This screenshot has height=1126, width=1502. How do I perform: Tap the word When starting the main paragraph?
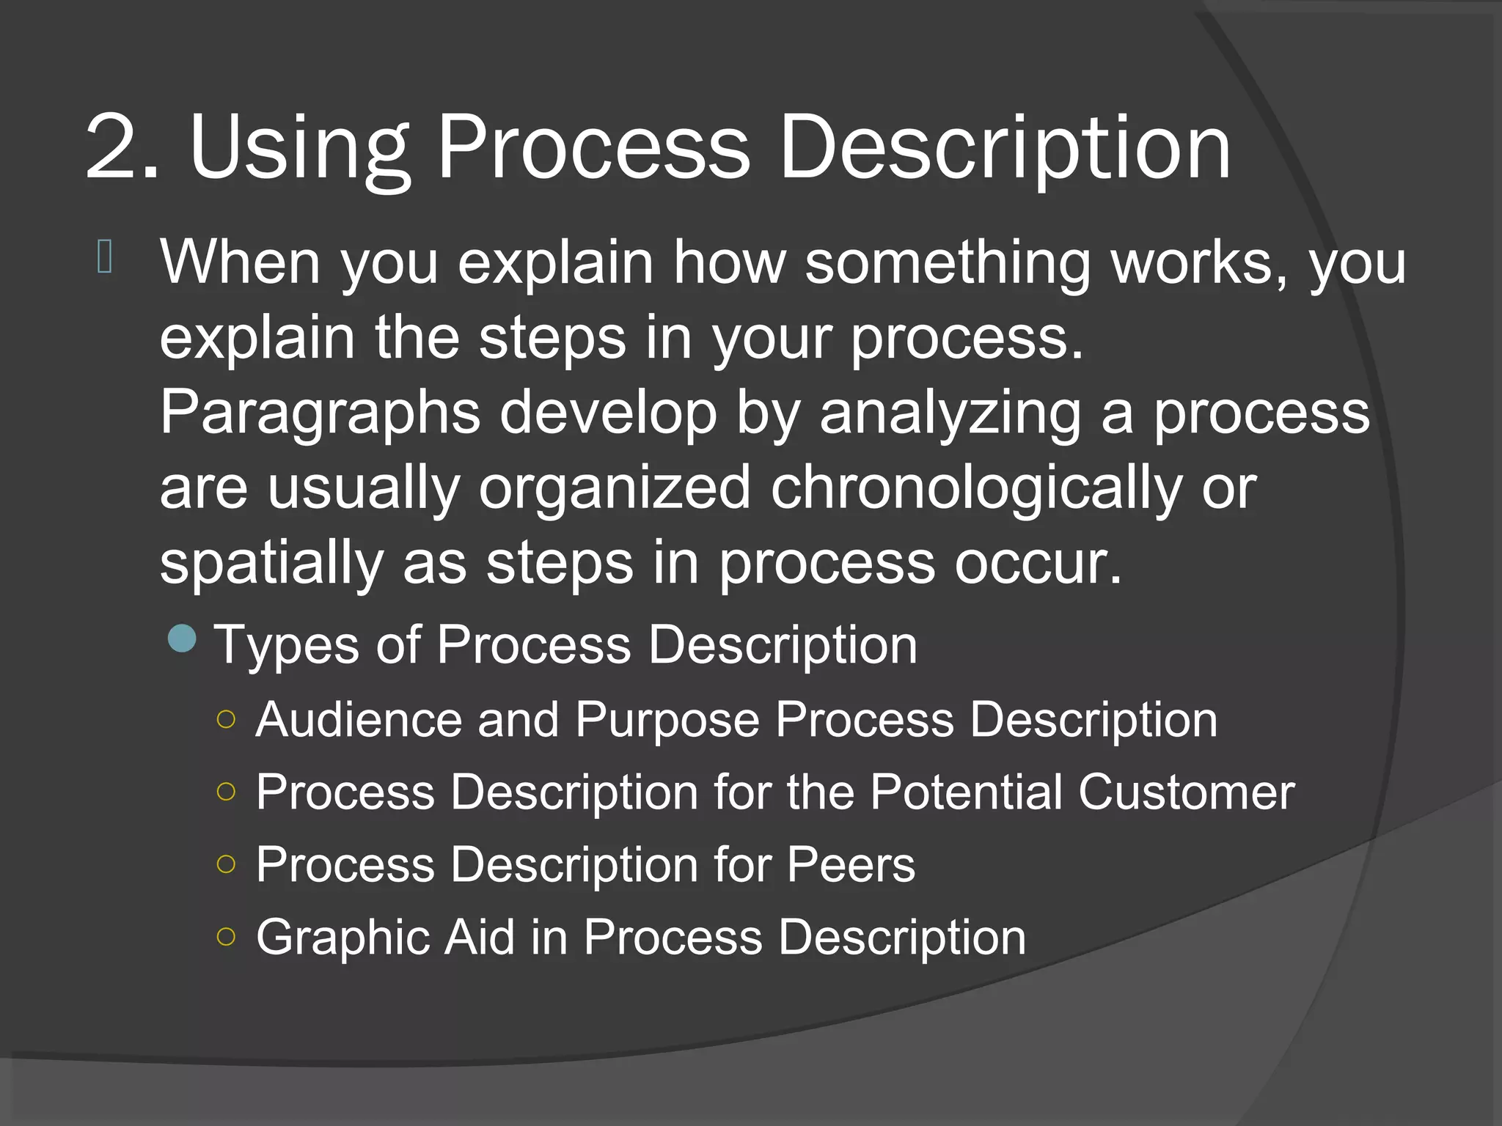(240, 262)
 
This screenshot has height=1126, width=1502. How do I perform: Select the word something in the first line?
(948, 263)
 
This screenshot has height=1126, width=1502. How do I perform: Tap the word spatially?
(271, 564)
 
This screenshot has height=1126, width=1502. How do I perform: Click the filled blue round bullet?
(182, 639)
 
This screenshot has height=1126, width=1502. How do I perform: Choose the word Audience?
(359, 720)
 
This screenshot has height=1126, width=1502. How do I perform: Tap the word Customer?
(1186, 792)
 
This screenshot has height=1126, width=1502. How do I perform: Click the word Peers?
(851, 865)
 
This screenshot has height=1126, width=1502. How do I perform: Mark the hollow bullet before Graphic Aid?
(227, 936)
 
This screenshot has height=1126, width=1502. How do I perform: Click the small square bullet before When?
(104, 257)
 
